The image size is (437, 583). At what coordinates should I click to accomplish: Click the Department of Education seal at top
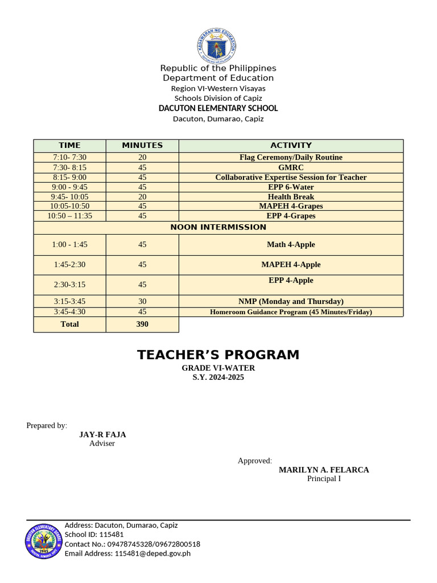[218, 44]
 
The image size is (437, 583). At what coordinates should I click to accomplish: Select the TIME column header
[69, 145]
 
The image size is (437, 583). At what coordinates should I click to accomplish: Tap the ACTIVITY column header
[291, 145]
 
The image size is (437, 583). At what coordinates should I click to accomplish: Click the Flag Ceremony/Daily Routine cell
[291, 157]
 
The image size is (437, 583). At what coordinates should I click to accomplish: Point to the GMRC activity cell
[291, 167]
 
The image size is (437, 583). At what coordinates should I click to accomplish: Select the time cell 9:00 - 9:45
[69, 187]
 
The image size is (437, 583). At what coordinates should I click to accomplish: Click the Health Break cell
[291, 196]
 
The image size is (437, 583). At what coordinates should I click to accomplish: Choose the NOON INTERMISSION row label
[218, 227]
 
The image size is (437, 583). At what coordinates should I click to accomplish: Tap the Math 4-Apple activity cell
[291, 245]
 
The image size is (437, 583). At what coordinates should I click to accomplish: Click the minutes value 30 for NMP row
[142, 301]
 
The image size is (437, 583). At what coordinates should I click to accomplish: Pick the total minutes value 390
[142, 324]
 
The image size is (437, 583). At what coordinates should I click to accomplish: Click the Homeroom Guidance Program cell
[291, 312]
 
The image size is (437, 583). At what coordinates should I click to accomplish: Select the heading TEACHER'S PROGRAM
[218, 355]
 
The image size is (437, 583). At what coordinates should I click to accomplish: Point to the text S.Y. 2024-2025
[218, 377]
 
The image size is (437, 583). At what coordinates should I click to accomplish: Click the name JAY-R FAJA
[102, 434]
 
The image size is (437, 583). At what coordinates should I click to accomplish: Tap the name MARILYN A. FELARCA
[324, 470]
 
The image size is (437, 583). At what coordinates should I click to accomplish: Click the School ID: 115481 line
[94, 535]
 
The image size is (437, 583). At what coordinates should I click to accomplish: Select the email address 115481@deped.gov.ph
[152, 553]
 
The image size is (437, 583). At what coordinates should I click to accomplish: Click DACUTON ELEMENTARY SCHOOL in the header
[218, 108]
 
